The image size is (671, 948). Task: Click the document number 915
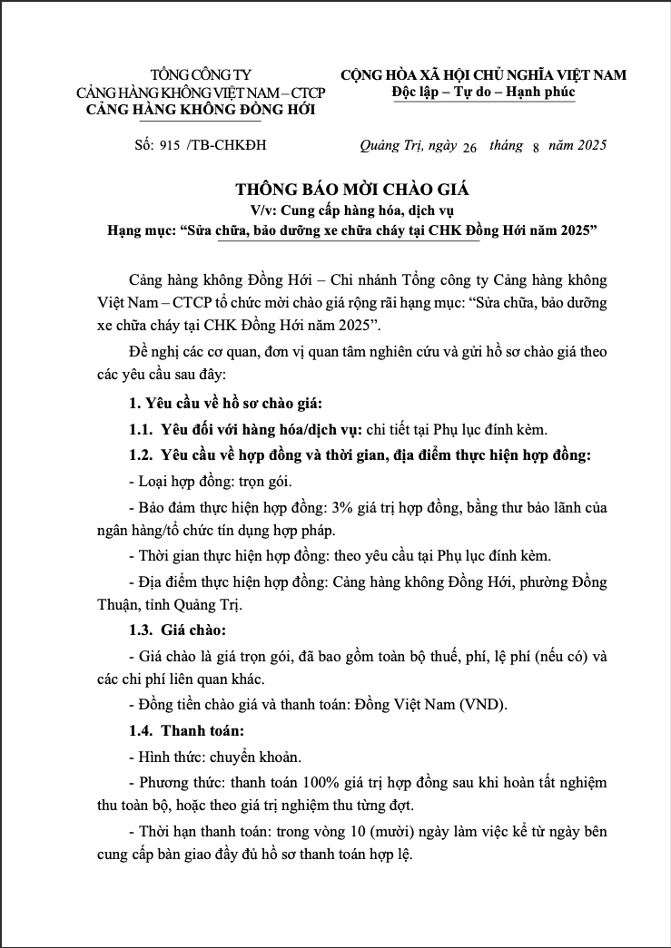(x=170, y=145)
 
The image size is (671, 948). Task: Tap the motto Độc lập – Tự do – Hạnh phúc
(x=483, y=92)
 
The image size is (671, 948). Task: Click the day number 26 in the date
(x=469, y=147)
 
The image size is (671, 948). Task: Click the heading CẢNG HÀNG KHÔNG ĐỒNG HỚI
(x=200, y=110)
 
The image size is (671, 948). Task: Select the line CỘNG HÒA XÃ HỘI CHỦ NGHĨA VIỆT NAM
(x=483, y=74)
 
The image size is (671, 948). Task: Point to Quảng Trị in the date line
(x=390, y=145)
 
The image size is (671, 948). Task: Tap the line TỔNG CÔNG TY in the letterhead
(x=201, y=74)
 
